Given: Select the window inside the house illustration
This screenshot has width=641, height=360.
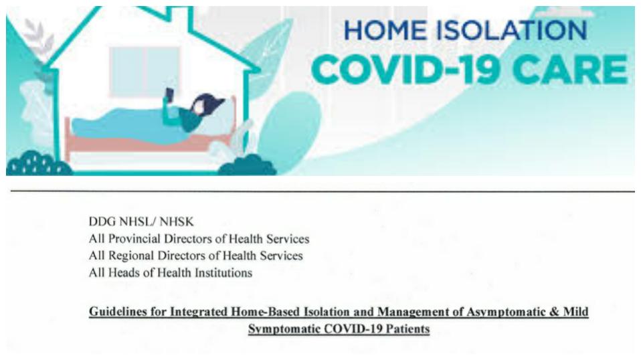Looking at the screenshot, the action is (144, 72).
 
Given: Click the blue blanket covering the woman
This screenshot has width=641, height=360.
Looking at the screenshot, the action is (122, 125).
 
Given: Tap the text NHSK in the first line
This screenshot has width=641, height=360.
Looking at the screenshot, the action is (177, 222).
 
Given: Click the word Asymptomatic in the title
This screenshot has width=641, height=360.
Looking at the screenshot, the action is (506, 312).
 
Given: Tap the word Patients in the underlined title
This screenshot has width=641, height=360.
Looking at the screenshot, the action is (408, 329).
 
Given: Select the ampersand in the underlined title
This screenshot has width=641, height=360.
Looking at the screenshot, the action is (554, 312).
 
